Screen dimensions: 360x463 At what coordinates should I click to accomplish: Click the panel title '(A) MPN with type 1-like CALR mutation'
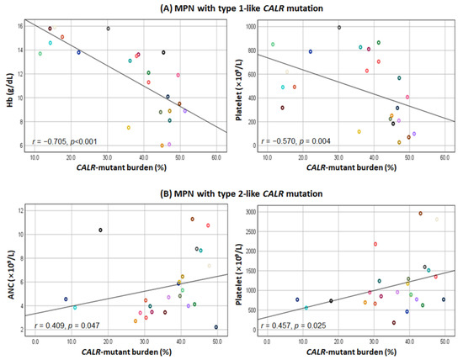click(x=231, y=8)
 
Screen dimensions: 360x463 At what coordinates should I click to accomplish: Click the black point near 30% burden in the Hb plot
click(x=108, y=29)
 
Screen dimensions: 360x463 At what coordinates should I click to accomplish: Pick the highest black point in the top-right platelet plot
click(x=339, y=27)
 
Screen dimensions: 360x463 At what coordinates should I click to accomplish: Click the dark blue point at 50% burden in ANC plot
click(x=216, y=327)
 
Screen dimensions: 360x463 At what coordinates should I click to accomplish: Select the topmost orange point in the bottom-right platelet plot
click(x=420, y=214)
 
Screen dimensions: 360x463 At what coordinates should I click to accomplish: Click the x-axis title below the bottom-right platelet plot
click(x=351, y=352)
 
